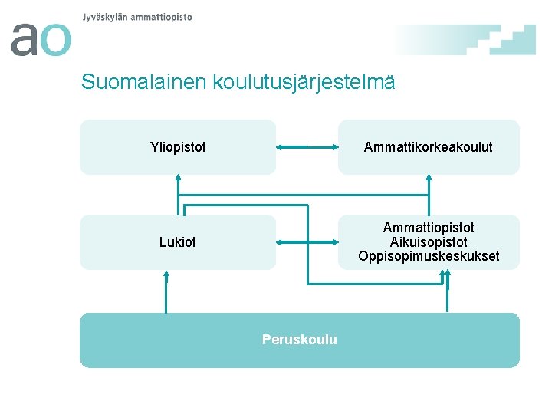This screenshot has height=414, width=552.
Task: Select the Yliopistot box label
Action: (178, 146)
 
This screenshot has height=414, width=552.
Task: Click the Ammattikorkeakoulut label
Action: (429, 146)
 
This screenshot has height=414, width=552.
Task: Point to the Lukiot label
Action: (178, 242)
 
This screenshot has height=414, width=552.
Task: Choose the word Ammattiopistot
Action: (429, 228)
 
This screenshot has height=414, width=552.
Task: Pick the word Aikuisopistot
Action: (429, 242)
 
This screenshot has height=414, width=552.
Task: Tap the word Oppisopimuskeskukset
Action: (429, 256)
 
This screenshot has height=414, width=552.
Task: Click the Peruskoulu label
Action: (299, 340)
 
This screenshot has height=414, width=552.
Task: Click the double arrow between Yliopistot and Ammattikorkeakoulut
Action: (307, 146)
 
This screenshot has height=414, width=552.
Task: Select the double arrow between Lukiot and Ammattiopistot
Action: (307, 242)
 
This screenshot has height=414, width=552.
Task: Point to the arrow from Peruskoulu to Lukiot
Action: (166, 291)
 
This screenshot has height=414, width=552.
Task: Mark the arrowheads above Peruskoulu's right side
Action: (447, 275)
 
